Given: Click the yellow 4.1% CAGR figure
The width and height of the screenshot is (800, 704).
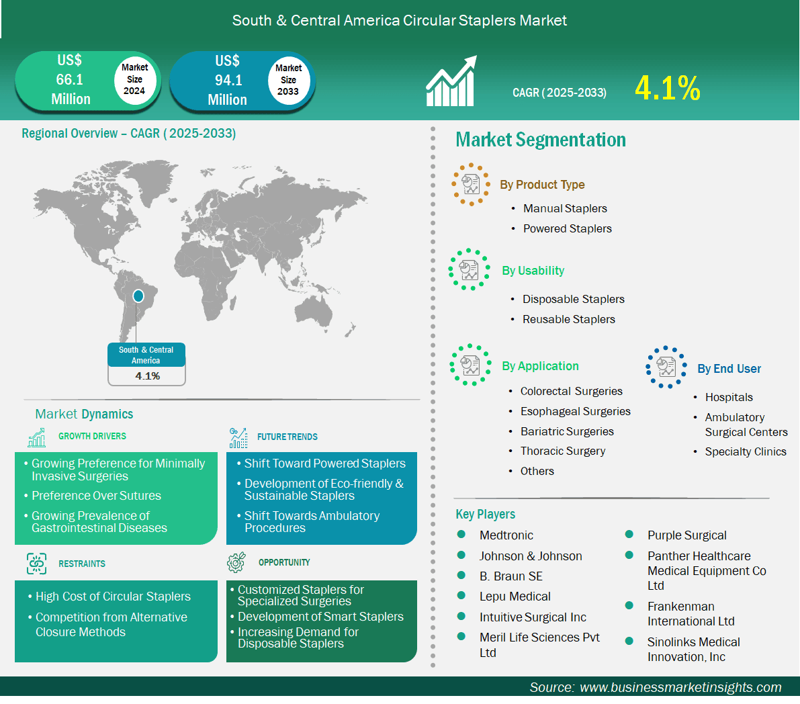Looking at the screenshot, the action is pyautogui.click(x=668, y=88).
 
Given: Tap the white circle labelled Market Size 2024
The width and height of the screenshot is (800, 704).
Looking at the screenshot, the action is pyautogui.click(x=135, y=79).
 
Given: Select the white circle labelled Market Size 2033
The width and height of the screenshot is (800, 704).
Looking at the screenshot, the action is pyautogui.click(x=289, y=80).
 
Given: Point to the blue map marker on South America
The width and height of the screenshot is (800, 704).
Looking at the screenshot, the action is pyautogui.click(x=138, y=296).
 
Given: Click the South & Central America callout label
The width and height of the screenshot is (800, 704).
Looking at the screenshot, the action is pyautogui.click(x=146, y=355).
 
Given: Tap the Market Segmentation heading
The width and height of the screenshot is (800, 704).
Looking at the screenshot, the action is pyautogui.click(x=541, y=140).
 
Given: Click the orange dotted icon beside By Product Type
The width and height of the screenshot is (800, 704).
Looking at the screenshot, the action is pyautogui.click(x=470, y=184).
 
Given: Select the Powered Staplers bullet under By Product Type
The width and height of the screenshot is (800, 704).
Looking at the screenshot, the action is pyautogui.click(x=568, y=228).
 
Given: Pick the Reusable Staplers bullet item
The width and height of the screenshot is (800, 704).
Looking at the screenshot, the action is pyautogui.click(x=569, y=319).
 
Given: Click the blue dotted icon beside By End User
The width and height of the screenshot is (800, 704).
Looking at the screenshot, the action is pyautogui.click(x=666, y=367).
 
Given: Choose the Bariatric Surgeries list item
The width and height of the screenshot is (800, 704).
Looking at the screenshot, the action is pyautogui.click(x=567, y=431).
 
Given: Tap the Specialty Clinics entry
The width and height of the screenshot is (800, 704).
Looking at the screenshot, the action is pyautogui.click(x=746, y=452).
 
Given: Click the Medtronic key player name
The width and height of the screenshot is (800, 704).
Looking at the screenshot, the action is pyautogui.click(x=506, y=535).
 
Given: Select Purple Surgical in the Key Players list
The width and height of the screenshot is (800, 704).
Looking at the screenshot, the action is pyautogui.click(x=686, y=535).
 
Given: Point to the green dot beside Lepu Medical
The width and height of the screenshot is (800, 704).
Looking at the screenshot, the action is pyautogui.click(x=461, y=595).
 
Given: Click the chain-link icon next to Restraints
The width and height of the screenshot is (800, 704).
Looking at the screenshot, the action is pyautogui.click(x=37, y=564).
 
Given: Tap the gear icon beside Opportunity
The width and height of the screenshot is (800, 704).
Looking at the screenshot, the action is pyautogui.click(x=236, y=562).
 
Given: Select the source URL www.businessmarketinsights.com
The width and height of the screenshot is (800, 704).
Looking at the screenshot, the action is pyautogui.click(x=680, y=688).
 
